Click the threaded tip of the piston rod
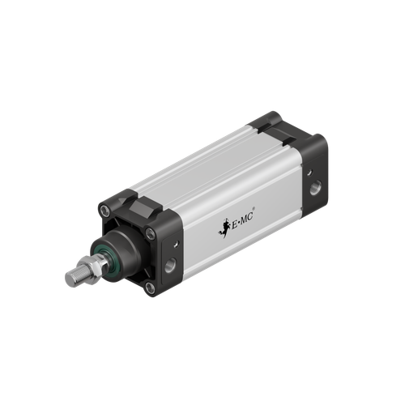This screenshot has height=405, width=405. point(70,278)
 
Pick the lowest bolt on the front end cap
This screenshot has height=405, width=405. point(150,287)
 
